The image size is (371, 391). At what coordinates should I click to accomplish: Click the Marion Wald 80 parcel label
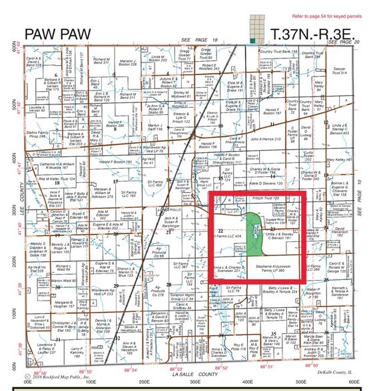coord(44,281)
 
